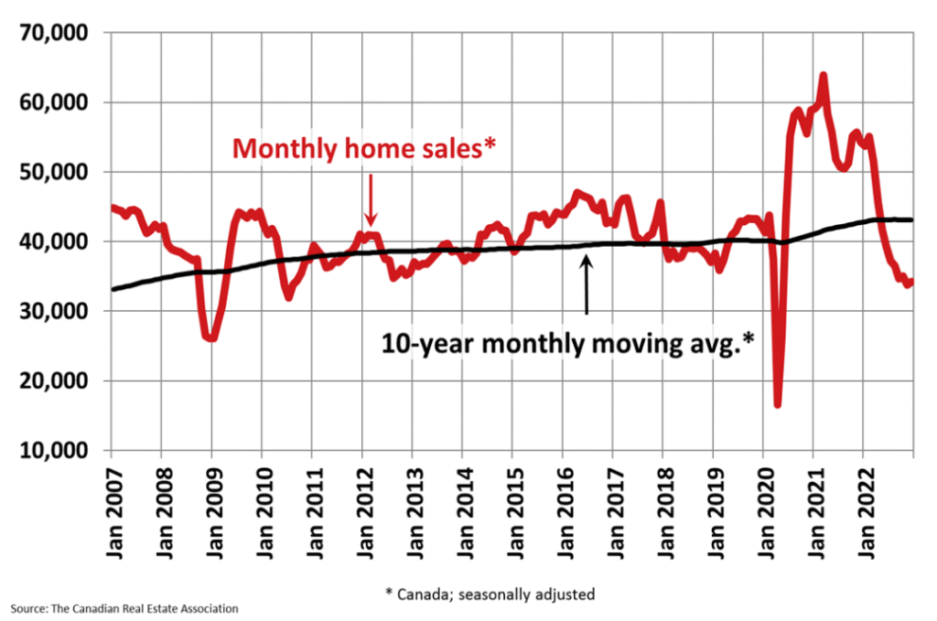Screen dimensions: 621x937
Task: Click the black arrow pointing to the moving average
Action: click(587, 284)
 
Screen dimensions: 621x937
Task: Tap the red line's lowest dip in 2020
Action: click(778, 404)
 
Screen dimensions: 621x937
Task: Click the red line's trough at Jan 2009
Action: click(211, 338)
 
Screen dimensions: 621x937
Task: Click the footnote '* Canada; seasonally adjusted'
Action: click(490, 594)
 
